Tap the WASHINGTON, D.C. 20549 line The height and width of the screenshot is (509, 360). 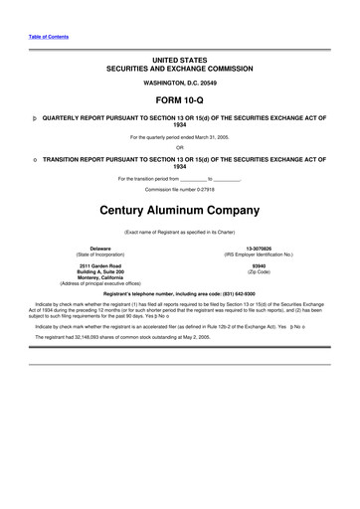coord(180,84)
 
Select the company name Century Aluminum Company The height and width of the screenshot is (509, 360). coord(180,211)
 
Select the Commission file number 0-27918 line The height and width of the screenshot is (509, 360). coord(180,188)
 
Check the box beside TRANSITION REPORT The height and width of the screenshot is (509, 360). coord(35,159)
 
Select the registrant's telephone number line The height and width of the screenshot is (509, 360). coord(180,294)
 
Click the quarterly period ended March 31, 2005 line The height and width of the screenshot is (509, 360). coord(180,137)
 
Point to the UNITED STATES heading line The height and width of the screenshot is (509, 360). coord(180,60)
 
